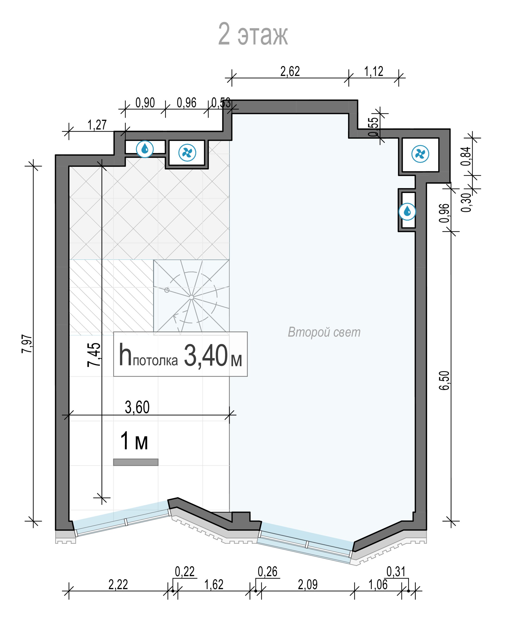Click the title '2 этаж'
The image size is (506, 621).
pos(253,34)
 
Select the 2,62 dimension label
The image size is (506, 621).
pos(290,71)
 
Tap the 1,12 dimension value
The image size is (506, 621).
pos(374,71)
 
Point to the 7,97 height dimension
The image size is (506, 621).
pos(27,344)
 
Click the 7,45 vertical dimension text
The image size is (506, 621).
pos(94,355)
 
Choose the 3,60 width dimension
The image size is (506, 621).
pos(137,407)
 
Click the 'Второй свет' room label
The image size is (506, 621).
pos(324,332)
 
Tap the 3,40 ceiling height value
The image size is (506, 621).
pos(205,356)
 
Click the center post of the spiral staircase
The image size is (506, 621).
pos(192,297)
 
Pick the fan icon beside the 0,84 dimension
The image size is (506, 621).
pos(420,154)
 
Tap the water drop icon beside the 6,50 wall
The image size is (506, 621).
pos(407,212)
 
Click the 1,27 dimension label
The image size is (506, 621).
pos(97,125)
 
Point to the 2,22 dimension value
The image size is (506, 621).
pos(118,585)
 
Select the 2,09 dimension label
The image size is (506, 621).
pos(308,585)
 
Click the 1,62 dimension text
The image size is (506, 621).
pos(214,585)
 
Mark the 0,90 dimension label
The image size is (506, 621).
pos(145,103)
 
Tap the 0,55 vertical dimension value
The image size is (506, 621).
pos(373,127)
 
